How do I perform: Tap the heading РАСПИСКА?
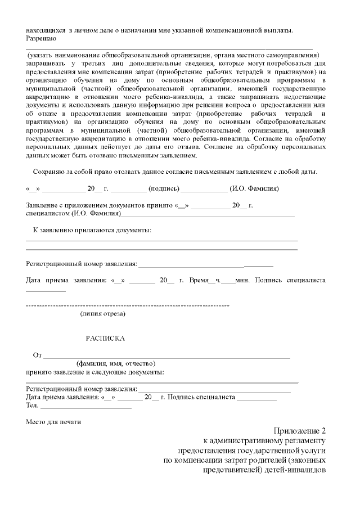point(105,339)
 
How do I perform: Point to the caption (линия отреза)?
point(103,313)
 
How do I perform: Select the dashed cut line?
point(128,305)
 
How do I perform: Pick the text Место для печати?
point(53,422)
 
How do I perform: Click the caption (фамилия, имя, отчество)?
point(116,363)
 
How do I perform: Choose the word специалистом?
point(48,214)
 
